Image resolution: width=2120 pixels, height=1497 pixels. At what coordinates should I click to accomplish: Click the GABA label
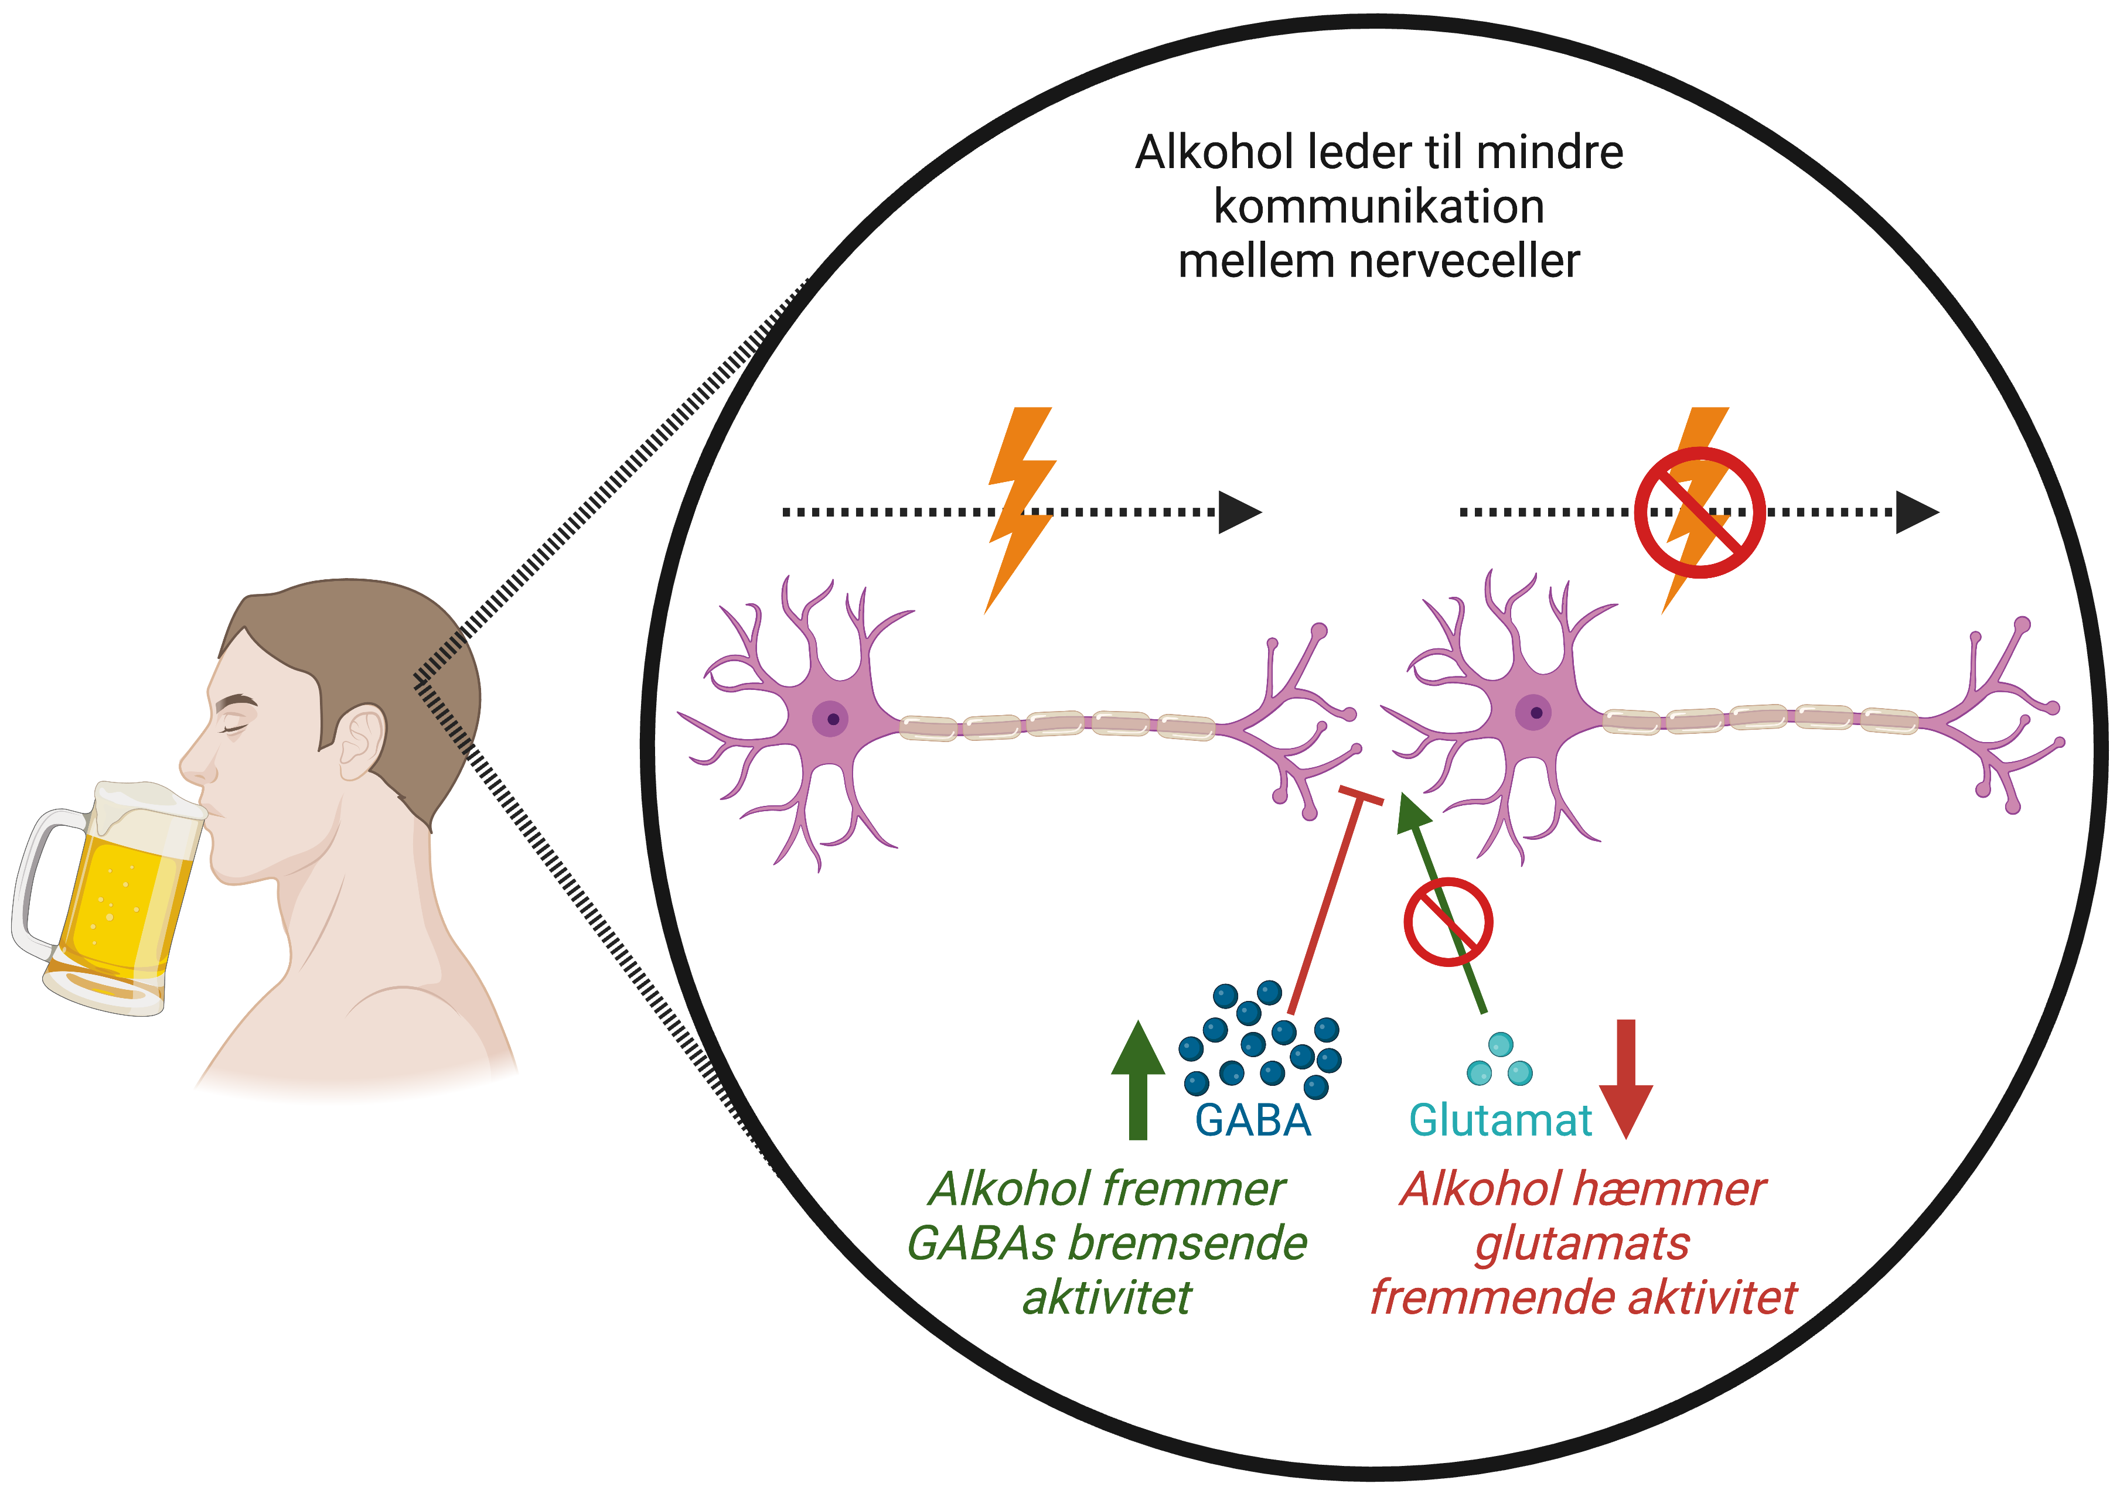1252,1120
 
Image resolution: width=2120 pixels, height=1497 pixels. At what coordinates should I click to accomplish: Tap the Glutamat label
1499,1120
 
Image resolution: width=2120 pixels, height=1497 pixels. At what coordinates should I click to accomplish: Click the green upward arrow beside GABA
1137,1080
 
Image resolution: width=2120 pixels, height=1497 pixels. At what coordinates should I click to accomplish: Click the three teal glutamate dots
1499,1061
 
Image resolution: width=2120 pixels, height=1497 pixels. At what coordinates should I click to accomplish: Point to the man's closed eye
238,727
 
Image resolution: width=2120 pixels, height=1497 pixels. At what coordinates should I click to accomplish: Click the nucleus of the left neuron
832,719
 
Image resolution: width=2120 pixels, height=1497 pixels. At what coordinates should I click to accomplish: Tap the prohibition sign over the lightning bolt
1700,513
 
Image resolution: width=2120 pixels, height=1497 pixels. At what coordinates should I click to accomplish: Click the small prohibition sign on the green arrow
1448,922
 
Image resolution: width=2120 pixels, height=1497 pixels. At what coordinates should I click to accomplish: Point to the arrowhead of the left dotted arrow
1239,512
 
